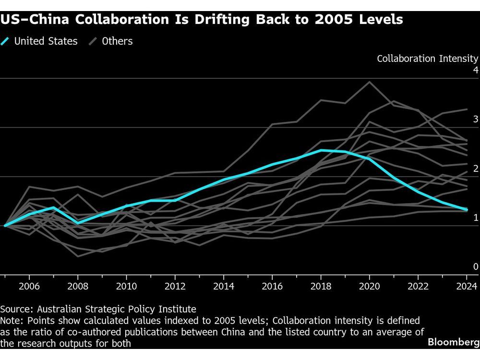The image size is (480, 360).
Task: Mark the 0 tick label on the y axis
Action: (x=476, y=267)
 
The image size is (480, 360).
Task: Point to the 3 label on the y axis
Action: (x=476, y=120)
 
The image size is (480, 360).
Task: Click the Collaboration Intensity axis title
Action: (x=427, y=59)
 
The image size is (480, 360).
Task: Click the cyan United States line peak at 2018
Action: (x=320, y=150)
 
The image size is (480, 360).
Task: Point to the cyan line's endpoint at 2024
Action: (x=466, y=209)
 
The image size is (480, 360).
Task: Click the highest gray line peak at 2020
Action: (x=369, y=82)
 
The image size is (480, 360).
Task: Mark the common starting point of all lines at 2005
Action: (x=5, y=225)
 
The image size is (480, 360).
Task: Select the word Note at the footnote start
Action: (x=11, y=320)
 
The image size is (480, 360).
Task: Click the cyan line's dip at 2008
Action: (x=78, y=223)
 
